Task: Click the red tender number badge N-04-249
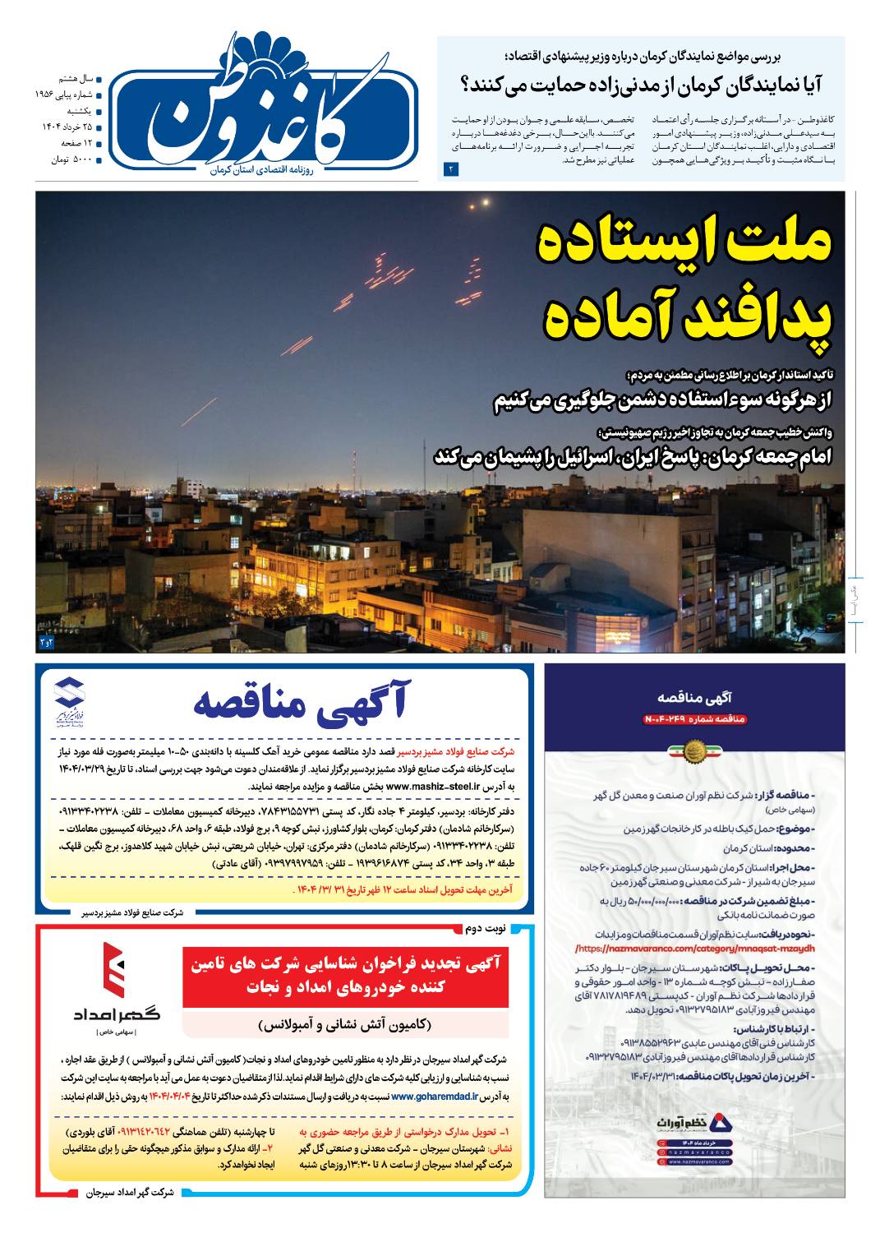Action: [x=694, y=719]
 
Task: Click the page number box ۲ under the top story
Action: [x=450, y=169]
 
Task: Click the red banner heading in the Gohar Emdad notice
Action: [x=345, y=975]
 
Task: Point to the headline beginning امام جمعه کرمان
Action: [x=633, y=456]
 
